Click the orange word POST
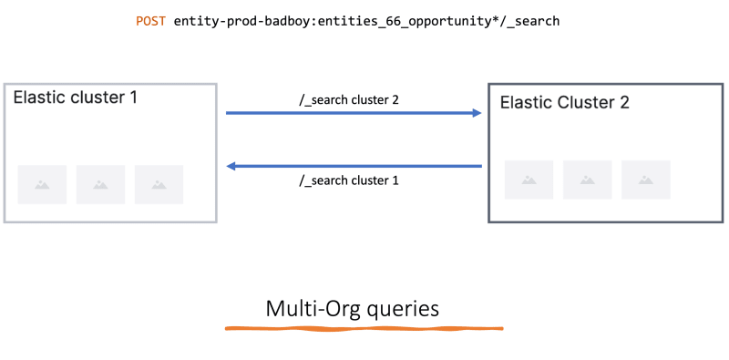[x=151, y=20]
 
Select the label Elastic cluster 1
[x=76, y=97]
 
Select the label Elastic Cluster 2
[x=565, y=102]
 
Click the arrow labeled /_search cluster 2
[x=354, y=113]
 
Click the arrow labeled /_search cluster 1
[x=354, y=166]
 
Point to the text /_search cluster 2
[x=350, y=98]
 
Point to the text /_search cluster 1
[x=350, y=181]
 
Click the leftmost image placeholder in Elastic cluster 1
[x=42, y=184]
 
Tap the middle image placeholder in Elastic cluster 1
[x=100, y=184]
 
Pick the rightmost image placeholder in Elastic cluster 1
[x=159, y=184]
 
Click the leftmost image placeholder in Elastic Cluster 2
[x=529, y=180]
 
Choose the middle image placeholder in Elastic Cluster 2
[x=587, y=180]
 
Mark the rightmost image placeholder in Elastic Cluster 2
[x=645, y=180]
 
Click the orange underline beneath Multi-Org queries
[x=364, y=326]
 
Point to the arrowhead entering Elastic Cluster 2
[x=476, y=113]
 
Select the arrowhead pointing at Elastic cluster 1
[x=232, y=166]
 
